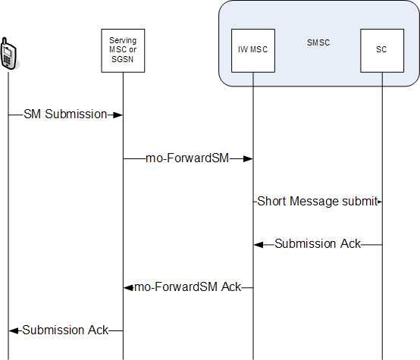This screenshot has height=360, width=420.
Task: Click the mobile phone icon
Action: click(x=8, y=53)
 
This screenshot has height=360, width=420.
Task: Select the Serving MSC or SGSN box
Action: click(x=123, y=51)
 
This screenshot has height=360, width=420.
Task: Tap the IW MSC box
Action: click(x=253, y=51)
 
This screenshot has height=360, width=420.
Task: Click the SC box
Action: click(x=382, y=51)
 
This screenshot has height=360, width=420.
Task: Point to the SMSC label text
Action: click(x=318, y=42)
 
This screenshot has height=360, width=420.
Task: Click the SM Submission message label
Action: click(x=65, y=114)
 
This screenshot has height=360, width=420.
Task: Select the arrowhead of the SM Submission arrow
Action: click(x=118, y=115)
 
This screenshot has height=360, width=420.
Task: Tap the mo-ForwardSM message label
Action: click(x=187, y=158)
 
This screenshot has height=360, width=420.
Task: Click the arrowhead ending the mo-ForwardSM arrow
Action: click(x=248, y=159)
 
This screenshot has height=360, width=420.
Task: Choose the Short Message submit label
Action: click(x=317, y=201)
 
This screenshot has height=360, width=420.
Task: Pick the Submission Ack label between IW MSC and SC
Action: click(x=318, y=244)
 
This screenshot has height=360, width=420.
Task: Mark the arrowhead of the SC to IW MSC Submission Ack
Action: click(x=259, y=245)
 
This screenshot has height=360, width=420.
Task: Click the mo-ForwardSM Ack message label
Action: click(x=188, y=287)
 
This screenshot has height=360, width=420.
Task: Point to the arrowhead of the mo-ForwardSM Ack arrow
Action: click(x=129, y=288)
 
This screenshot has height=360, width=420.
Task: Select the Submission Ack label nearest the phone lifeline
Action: click(x=65, y=330)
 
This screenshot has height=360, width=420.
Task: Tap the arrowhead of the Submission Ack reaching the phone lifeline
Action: click(x=14, y=330)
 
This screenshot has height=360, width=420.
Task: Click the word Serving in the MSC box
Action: click(x=123, y=41)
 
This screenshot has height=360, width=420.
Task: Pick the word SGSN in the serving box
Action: click(x=122, y=59)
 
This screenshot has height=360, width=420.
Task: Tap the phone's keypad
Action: click(x=8, y=61)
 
